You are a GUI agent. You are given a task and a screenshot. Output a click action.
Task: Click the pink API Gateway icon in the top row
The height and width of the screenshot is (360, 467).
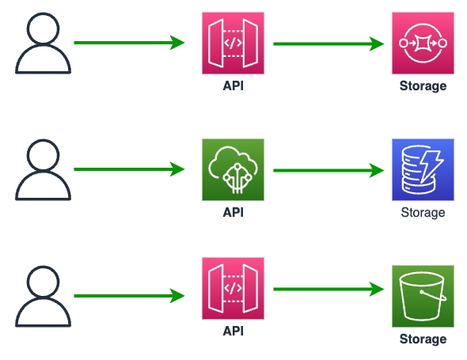pos(233,43)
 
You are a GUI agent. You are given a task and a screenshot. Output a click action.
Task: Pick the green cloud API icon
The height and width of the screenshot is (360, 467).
pos(233,169)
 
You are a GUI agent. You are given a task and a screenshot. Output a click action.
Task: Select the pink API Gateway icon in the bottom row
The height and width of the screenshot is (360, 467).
pos(233,288)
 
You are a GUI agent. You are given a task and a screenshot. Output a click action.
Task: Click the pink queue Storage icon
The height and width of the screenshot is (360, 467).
pos(423,43)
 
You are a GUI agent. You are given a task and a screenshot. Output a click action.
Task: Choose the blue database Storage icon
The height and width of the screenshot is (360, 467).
pos(423,169)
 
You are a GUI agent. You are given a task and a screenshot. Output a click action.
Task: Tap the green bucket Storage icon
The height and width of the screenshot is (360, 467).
pos(423,296)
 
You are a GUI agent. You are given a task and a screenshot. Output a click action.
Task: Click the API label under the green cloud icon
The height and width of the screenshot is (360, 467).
pos(233,212)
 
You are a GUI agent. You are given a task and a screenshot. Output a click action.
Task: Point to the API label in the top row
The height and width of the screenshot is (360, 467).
pos(233,85)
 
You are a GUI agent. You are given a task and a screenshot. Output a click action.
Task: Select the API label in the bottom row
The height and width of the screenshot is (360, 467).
pos(233,331)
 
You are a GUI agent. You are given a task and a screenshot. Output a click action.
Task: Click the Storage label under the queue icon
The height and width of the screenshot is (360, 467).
pos(423,86)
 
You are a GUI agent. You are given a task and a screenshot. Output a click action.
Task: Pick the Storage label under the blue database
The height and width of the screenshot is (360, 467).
pos(423,213)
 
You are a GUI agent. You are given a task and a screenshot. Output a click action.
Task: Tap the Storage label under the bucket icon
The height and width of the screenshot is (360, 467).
pos(423,339)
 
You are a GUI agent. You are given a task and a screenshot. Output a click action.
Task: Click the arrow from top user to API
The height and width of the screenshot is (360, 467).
pos(129,43)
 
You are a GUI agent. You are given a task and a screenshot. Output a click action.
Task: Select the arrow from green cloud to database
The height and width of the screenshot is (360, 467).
pos(328,170)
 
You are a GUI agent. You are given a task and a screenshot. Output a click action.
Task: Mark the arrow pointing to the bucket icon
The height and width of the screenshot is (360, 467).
pos(328,289)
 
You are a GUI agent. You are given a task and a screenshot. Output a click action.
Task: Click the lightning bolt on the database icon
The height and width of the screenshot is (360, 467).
pos(431,166)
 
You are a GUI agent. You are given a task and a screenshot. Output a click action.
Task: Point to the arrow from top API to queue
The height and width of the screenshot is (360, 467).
pos(328,44)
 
